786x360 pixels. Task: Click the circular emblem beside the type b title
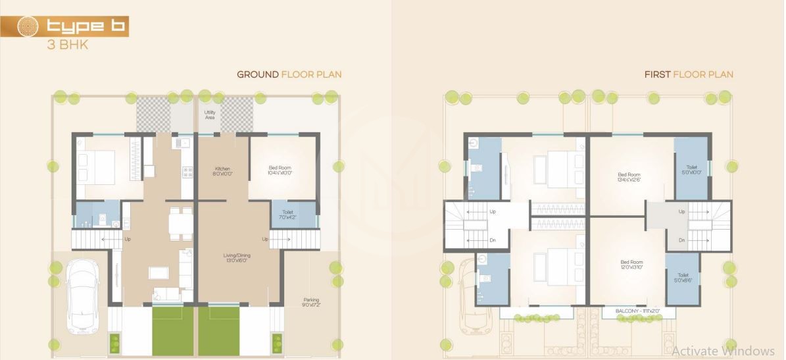coord(27,26)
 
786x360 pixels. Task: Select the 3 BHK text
coord(67,45)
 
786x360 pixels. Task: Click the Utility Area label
coord(210,115)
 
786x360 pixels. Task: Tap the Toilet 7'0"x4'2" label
coord(285,215)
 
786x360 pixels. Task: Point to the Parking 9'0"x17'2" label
coord(311,302)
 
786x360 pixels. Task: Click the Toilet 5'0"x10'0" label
coord(691,170)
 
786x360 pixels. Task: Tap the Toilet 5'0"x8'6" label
coord(682,278)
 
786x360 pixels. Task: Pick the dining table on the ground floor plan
coord(181,222)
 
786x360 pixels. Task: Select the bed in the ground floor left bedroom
coord(95,167)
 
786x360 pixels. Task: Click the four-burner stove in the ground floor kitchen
coord(187,172)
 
